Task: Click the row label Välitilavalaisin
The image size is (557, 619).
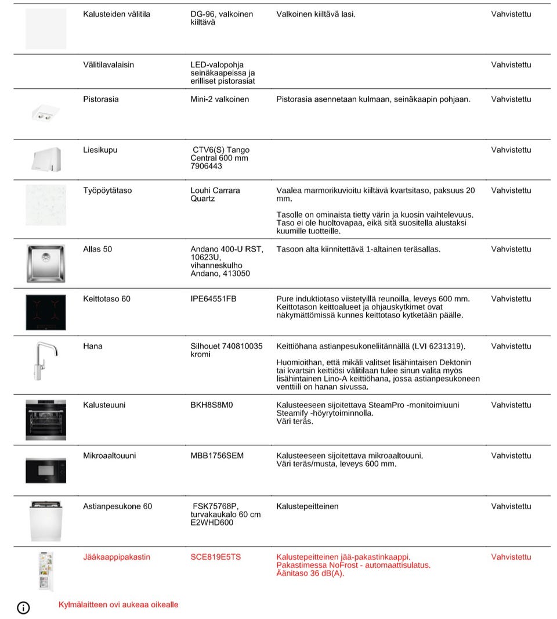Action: (108, 64)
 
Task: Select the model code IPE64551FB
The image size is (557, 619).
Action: (214, 299)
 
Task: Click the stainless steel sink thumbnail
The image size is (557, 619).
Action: (45, 263)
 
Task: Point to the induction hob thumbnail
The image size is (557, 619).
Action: (45, 312)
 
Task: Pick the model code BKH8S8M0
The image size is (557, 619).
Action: (211, 405)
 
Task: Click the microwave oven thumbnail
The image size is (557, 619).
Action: (45, 470)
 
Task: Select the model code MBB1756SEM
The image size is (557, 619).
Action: (217, 456)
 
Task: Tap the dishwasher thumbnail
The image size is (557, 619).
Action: (45, 520)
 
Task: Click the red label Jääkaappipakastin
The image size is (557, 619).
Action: (117, 557)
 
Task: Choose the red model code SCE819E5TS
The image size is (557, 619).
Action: (216, 557)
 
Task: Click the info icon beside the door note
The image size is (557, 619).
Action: (23, 607)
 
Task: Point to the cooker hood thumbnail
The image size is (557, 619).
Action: (45, 159)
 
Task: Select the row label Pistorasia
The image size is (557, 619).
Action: (100, 99)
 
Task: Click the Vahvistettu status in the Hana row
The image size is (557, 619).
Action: (511, 346)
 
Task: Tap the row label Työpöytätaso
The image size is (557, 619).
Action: (107, 190)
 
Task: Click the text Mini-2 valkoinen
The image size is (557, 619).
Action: (219, 99)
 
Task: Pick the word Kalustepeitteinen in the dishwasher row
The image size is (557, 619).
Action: (308, 506)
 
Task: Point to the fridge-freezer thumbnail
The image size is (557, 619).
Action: (45, 571)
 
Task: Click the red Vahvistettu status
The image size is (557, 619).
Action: (511, 557)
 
